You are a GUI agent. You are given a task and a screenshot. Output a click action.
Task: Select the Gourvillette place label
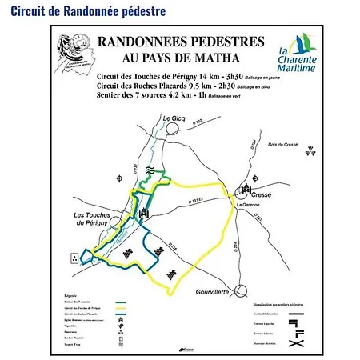212,293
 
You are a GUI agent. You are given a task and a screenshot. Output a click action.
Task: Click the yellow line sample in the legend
122,305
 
